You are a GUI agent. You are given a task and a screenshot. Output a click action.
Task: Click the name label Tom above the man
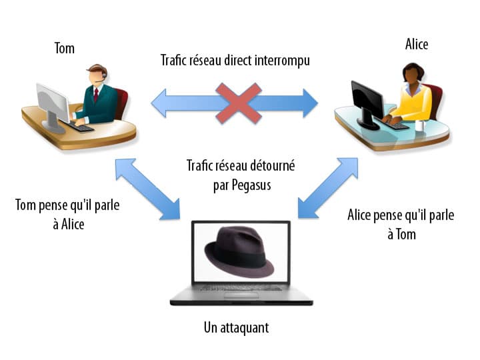tap(64, 49)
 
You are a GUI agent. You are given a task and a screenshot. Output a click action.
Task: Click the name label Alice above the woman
tap(417, 45)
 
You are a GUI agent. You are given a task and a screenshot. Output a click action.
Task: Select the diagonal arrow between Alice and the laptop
tap(329, 188)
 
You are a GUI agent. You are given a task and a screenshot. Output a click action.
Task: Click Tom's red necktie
tap(96, 95)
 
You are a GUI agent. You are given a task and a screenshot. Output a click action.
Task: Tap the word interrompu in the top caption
tap(277, 61)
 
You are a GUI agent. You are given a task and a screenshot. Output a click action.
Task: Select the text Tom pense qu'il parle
tap(67, 205)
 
